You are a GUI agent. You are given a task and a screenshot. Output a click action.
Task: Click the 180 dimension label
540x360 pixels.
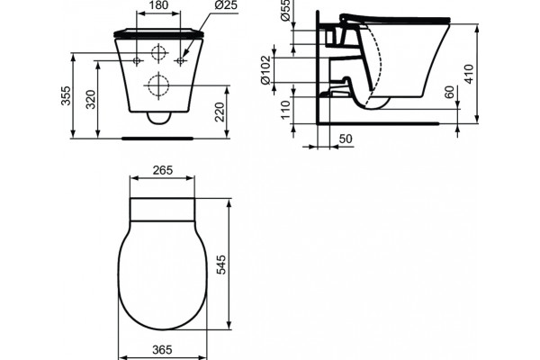click(x=158, y=5)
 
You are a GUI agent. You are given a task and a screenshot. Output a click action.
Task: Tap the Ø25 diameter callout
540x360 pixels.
click(x=226, y=5)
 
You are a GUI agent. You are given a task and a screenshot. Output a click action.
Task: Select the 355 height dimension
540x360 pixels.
click(x=66, y=95)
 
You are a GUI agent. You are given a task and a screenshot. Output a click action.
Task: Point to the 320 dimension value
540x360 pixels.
click(x=90, y=100)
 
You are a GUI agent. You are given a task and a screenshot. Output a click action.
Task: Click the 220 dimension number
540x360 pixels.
click(x=220, y=112)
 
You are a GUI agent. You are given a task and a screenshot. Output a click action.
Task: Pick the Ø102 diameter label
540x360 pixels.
click(x=265, y=70)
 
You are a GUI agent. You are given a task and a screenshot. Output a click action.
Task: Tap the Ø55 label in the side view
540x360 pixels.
click(x=285, y=10)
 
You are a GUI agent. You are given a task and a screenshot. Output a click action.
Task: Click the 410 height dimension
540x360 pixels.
click(x=469, y=74)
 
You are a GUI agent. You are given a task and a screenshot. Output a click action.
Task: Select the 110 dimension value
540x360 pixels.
click(x=286, y=110)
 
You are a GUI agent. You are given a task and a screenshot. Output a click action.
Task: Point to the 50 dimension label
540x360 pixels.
click(x=346, y=139)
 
